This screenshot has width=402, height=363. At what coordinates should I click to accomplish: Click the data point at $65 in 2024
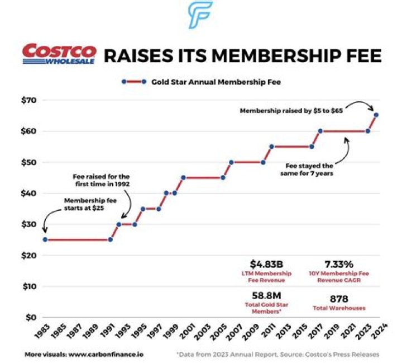[376, 115]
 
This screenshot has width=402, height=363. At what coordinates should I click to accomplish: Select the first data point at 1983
[45, 239]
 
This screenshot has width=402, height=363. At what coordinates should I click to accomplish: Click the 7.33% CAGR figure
[339, 263]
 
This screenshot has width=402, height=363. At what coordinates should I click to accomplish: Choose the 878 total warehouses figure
[339, 299]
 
